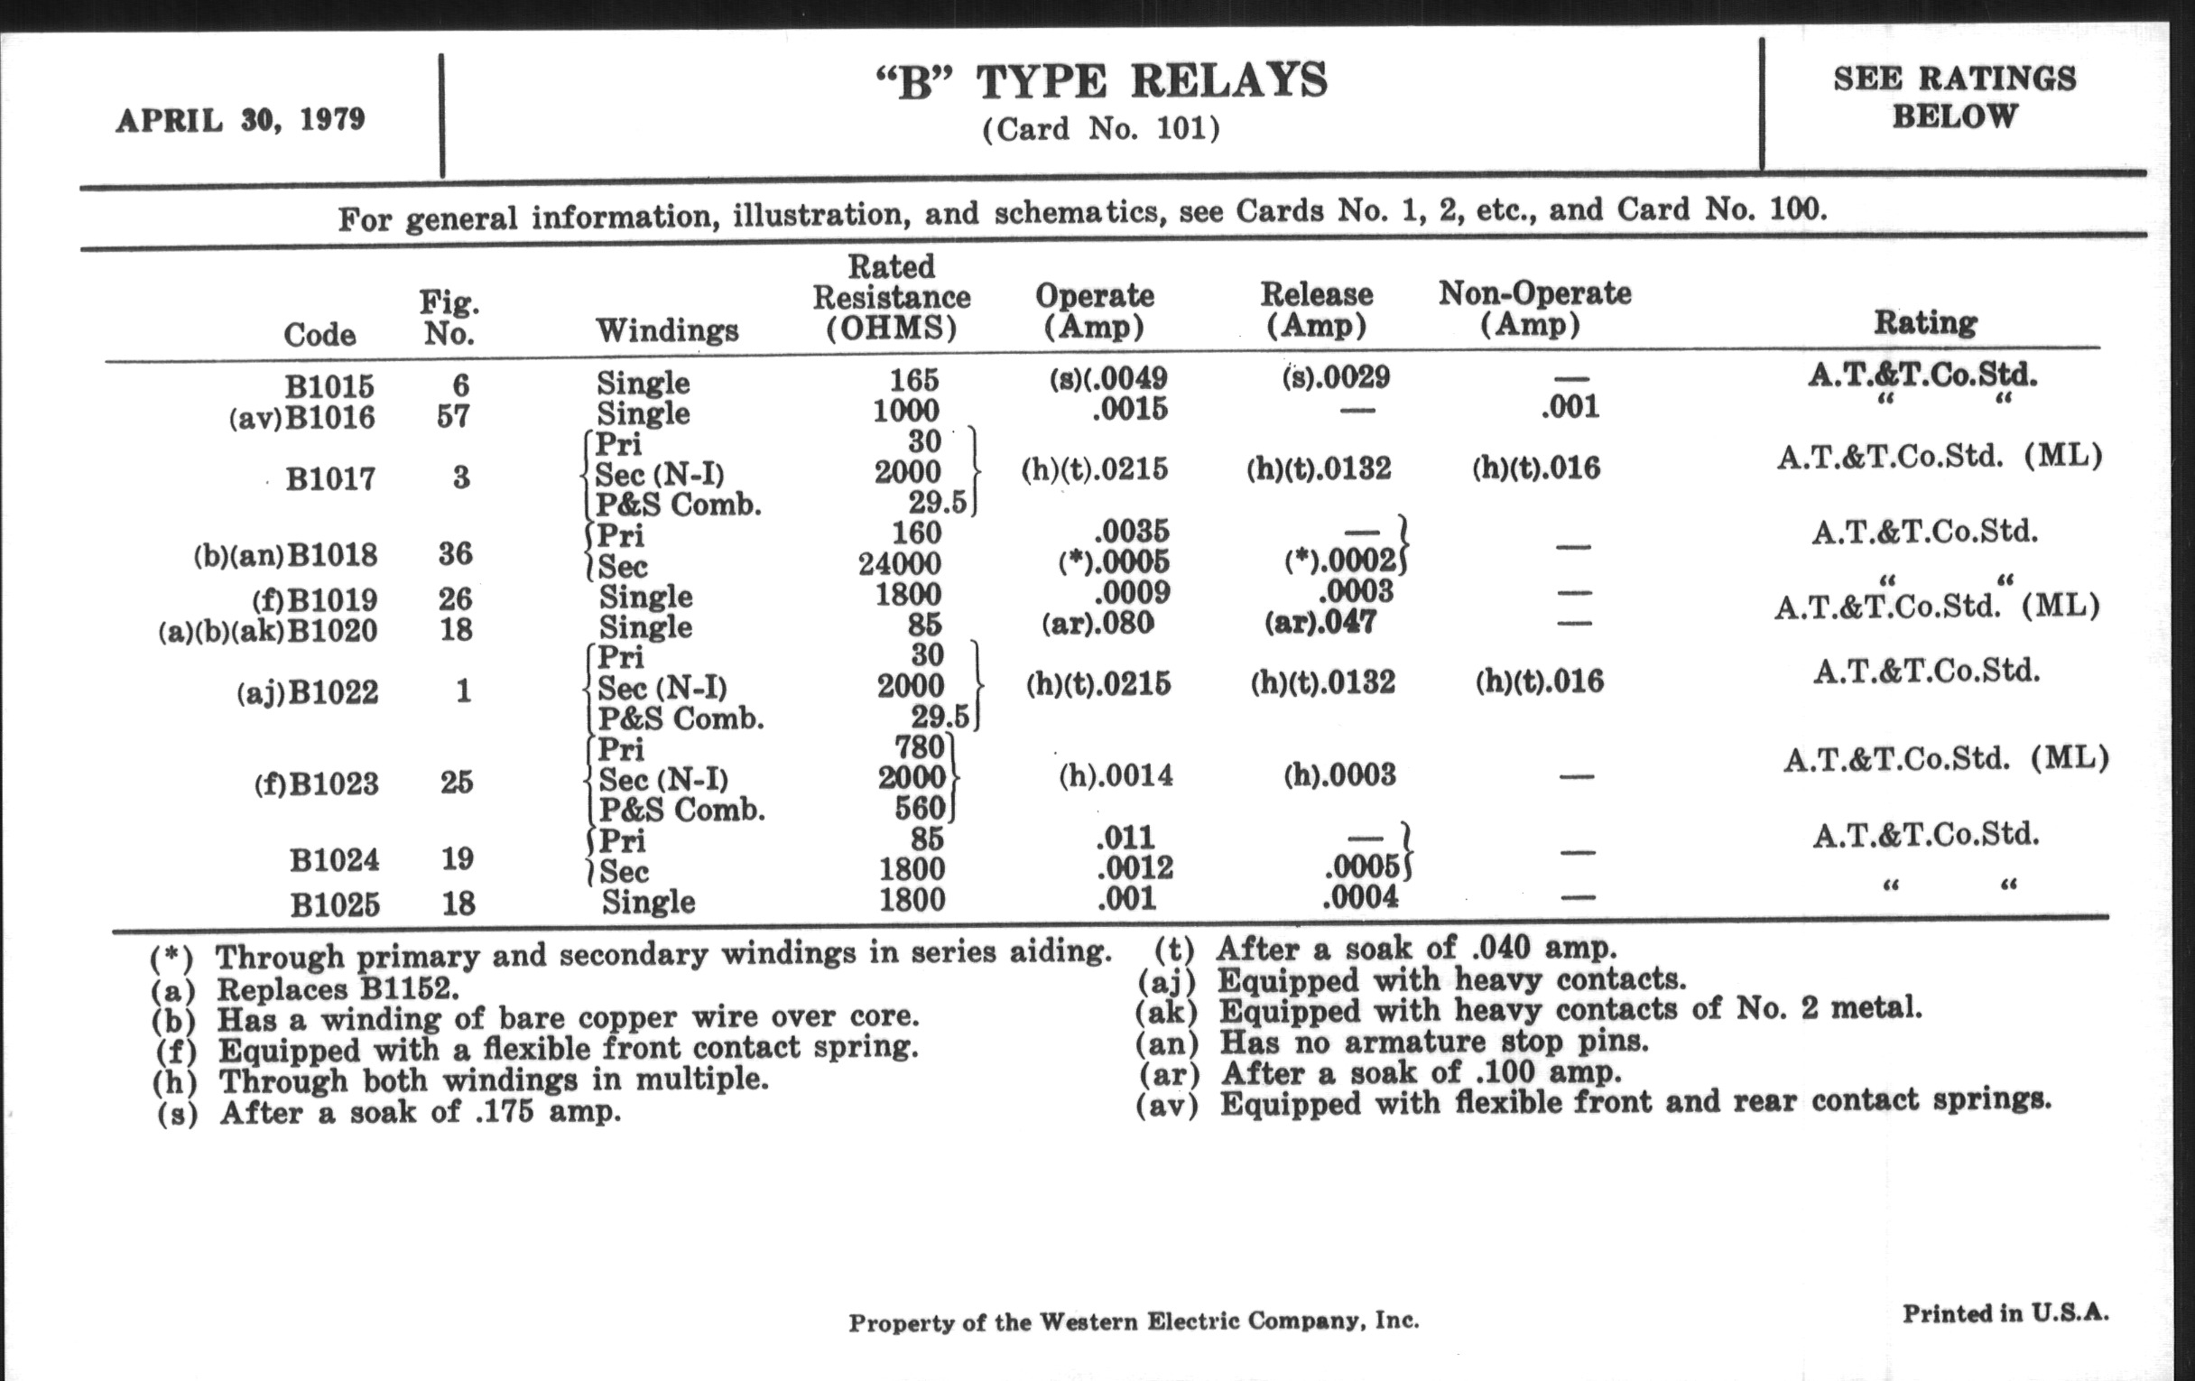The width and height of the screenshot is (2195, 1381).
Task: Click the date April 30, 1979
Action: pyautogui.click(x=240, y=119)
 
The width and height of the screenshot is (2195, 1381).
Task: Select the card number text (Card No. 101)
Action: pyautogui.click(x=1100, y=128)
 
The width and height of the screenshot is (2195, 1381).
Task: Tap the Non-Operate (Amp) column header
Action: pyautogui.click(x=1534, y=308)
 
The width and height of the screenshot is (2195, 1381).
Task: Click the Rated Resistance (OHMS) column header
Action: pyautogui.click(x=892, y=297)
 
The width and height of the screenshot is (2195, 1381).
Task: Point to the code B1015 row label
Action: pyautogui.click(x=329, y=386)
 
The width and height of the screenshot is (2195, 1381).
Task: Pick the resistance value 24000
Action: pyautogui.click(x=899, y=564)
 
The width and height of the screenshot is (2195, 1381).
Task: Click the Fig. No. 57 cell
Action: pyautogui.click(x=452, y=417)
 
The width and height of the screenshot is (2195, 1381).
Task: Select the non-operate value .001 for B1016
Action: pyautogui.click(x=1570, y=406)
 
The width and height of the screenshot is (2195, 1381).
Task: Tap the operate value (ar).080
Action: pyautogui.click(x=1097, y=624)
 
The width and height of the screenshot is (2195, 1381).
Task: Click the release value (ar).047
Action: pyautogui.click(x=1320, y=623)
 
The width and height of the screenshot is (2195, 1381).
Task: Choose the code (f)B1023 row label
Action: pyautogui.click(x=315, y=784)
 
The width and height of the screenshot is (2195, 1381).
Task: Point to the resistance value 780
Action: pyautogui.click(x=919, y=747)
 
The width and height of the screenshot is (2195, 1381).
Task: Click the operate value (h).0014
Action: pyautogui.click(x=1116, y=776)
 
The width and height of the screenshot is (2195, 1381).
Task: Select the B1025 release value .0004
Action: pyautogui.click(x=1359, y=898)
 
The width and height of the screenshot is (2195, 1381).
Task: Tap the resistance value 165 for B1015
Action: pyautogui.click(x=913, y=379)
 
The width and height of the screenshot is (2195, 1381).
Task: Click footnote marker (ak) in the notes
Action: pyautogui.click(x=1166, y=1012)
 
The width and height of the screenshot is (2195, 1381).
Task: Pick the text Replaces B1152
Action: pyautogui.click(x=338, y=989)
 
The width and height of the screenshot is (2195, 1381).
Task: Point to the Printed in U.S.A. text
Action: pyautogui.click(x=2005, y=1313)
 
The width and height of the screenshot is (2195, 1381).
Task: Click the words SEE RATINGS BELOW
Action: pyautogui.click(x=1954, y=97)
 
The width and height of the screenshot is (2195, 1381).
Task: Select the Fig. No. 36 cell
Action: pyautogui.click(x=455, y=553)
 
